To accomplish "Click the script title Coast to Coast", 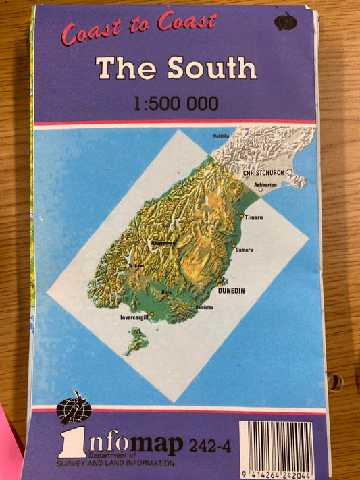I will [139, 28].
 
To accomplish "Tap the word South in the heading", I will [211, 68].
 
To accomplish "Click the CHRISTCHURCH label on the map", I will [263, 173].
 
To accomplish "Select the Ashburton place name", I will [265, 184].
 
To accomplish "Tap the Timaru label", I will [254, 217].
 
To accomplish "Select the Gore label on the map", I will [166, 292].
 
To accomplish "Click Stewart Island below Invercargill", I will [137, 340].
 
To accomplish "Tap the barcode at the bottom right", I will [276, 445].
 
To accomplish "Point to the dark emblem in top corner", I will [285, 22].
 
